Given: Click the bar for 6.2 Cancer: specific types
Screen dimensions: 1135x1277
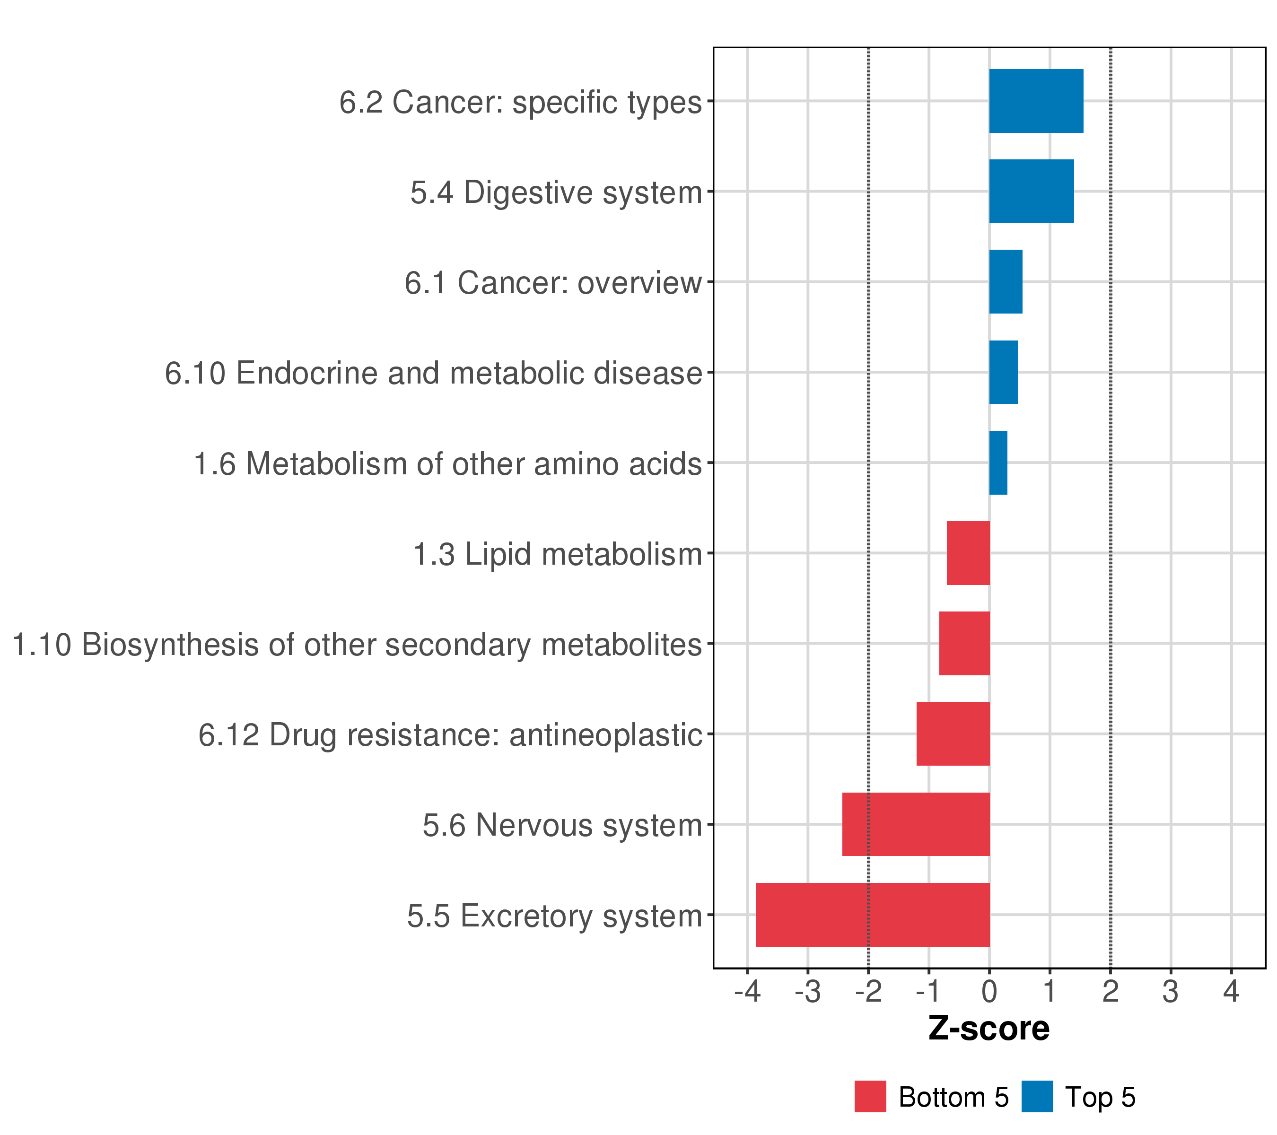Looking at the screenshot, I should [x=1036, y=101].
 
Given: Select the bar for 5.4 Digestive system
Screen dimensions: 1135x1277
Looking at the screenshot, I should [x=1031, y=191].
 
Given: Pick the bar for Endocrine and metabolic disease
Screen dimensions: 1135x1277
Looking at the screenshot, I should [x=1003, y=372].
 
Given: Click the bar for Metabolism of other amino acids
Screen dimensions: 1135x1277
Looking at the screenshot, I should [x=998, y=463].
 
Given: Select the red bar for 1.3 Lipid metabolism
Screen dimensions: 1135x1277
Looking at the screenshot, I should [x=968, y=553].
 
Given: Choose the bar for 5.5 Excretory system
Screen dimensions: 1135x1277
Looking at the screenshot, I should [x=872, y=915].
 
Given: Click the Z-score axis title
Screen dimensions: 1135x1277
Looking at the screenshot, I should [x=988, y=1029].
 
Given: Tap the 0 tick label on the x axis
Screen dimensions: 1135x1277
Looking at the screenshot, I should [x=989, y=992].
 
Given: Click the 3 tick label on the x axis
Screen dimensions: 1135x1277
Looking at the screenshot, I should [x=1170, y=992].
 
